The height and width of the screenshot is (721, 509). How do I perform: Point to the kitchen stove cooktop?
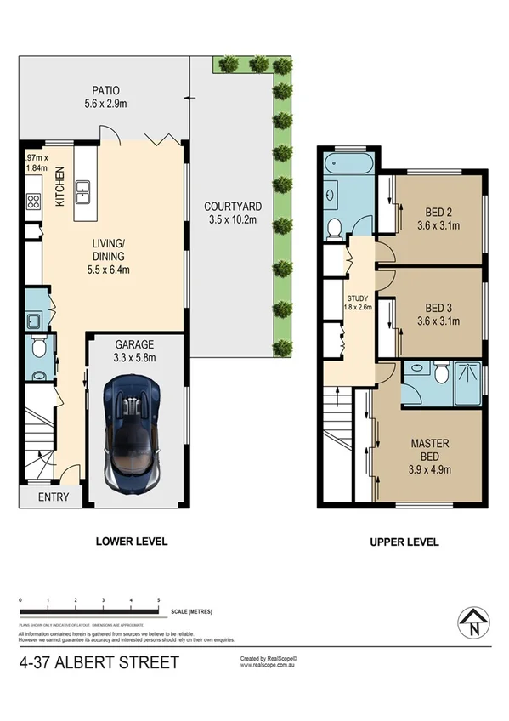(33, 202)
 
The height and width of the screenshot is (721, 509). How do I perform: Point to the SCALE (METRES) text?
(191, 611)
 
